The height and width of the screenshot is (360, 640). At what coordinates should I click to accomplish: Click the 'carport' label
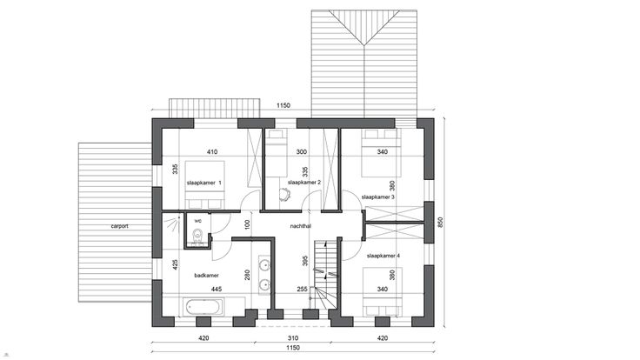(x=120, y=226)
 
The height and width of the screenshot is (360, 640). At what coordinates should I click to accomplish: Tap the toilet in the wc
(x=197, y=237)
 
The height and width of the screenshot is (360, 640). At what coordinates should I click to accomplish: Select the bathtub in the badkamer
(x=203, y=307)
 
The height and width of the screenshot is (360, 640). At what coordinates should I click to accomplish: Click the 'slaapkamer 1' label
(x=203, y=183)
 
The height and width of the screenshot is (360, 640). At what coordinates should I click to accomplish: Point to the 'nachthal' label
(x=301, y=226)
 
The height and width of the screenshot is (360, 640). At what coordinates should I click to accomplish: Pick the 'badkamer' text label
(x=207, y=276)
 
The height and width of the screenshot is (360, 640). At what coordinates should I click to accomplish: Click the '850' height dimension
(x=440, y=222)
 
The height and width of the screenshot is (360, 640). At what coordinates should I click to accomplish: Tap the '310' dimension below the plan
(x=293, y=338)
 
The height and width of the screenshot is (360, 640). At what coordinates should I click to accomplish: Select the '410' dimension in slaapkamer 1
(x=212, y=152)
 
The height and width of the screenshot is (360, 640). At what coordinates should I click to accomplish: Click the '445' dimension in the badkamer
(x=217, y=289)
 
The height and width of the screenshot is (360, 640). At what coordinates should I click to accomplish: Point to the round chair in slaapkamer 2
(x=284, y=194)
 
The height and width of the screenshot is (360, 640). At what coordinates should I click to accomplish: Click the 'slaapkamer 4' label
(x=383, y=256)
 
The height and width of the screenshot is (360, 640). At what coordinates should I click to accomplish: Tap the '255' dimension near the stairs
(x=302, y=289)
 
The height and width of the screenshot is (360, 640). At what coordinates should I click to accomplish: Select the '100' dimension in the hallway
(x=247, y=224)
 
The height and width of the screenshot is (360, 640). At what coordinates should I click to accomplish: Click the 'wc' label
(x=198, y=221)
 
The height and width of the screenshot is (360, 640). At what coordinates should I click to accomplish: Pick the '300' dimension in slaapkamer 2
(x=302, y=152)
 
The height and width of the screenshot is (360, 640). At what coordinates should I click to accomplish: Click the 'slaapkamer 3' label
(x=378, y=197)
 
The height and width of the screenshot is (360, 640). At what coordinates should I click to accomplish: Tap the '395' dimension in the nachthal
(x=305, y=261)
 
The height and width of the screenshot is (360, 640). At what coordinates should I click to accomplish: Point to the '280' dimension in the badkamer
(x=247, y=275)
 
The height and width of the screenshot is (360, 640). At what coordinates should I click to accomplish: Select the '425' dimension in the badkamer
(x=175, y=265)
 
